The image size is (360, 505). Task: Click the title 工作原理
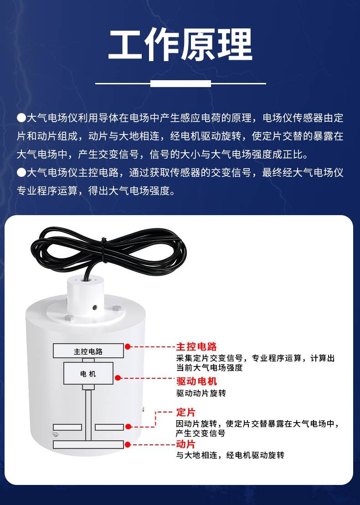click(x=180, y=45)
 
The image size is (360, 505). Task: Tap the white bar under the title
click(x=180, y=84)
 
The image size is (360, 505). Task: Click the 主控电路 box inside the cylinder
click(x=88, y=351)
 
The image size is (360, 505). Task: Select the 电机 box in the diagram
click(x=88, y=373)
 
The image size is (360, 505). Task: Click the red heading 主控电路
click(x=196, y=346)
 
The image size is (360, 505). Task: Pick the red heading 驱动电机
click(x=196, y=381)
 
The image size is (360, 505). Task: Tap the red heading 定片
click(x=186, y=412)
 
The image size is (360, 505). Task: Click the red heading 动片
click(x=186, y=444)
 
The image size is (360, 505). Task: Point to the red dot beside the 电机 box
click(x=118, y=378)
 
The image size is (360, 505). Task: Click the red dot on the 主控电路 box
click(x=128, y=346)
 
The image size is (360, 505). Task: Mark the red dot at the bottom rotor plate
click(x=128, y=444)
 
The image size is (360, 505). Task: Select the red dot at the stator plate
click(x=128, y=427)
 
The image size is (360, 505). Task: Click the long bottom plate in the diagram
click(x=88, y=444)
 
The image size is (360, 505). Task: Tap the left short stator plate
click(x=67, y=428)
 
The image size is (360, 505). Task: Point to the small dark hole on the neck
click(x=95, y=308)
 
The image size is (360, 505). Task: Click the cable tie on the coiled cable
click(x=103, y=250)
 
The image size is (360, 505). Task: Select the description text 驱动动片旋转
click(x=201, y=393)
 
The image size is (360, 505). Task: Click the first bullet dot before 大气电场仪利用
click(x=21, y=118)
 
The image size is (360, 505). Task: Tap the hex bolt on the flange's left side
click(x=69, y=318)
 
